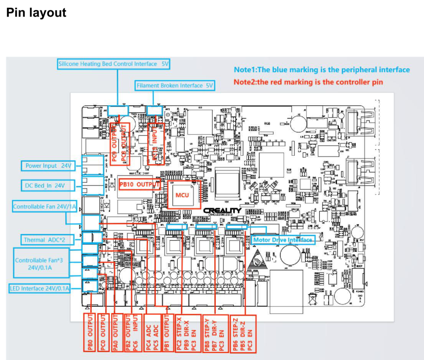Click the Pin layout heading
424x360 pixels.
[x=36, y=12]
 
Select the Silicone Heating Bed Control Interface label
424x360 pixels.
[x=114, y=64]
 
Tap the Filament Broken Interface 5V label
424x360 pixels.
[x=175, y=86]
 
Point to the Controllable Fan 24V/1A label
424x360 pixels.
[x=44, y=206]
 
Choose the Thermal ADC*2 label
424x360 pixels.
[x=43, y=239]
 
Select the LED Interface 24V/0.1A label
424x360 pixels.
[x=39, y=288]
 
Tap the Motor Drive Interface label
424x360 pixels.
[x=282, y=240]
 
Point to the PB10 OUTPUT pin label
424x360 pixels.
[x=138, y=184]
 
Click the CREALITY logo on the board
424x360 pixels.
[x=222, y=210]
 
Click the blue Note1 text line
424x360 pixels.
[x=322, y=70]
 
